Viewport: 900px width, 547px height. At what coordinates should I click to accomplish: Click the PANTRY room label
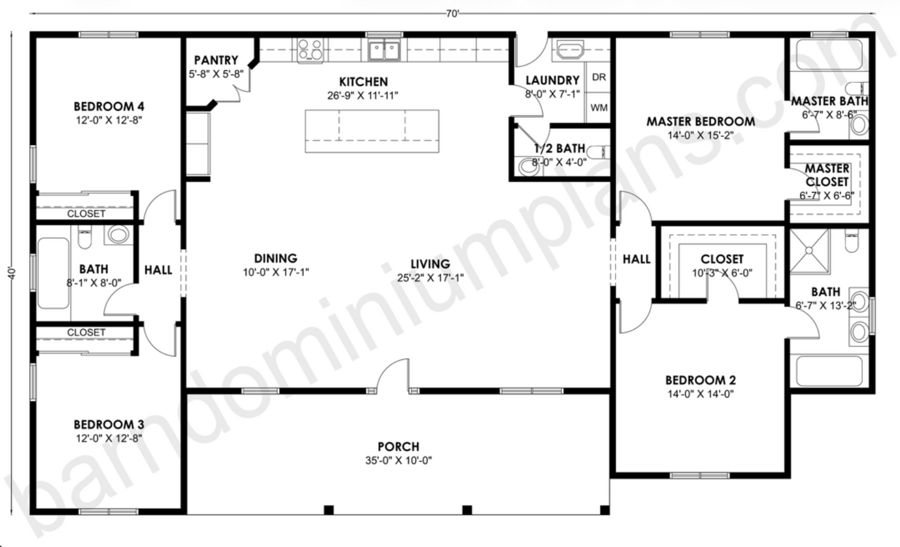pos(216,60)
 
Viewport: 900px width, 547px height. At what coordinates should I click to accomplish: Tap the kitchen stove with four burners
pos(310,50)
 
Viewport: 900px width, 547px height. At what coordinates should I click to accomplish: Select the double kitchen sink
pos(384,50)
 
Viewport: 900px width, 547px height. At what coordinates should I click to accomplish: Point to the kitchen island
pos(372,131)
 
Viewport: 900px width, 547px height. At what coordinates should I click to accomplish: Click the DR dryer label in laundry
pos(599,77)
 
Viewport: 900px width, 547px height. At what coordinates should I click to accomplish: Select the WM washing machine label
pos(599,108)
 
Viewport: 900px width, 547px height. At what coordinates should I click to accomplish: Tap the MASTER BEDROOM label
pos(700,121)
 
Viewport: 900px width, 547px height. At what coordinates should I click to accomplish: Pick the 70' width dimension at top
pos(452,14)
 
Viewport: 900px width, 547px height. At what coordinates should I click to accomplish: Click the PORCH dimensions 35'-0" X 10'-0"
pos(399,461)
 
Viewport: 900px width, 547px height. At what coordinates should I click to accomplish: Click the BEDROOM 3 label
pos(109,425)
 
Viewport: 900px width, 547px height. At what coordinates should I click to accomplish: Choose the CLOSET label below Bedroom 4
pos(86,214)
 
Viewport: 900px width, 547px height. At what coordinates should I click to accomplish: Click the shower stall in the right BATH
pos(809,250)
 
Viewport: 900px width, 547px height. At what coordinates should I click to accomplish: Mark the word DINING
pos(275,258)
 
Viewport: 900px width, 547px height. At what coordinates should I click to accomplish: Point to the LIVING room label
pos(430,264)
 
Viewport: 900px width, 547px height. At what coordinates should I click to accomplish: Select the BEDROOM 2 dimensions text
pos(700,394)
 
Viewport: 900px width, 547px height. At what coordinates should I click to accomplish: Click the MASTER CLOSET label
pos(827,175)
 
